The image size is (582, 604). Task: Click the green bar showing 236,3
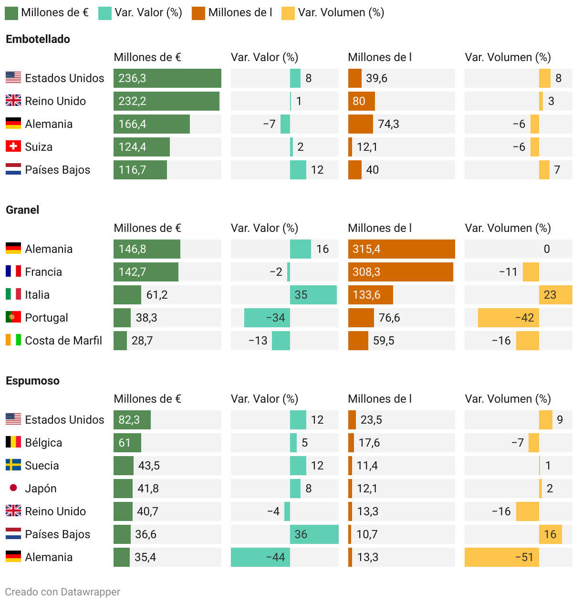(167, 78)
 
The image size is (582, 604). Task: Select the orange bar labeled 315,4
(401, 249)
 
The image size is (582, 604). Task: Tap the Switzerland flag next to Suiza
(13, 146)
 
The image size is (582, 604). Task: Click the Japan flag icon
(13, 488)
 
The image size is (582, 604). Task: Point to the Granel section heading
(22, 210)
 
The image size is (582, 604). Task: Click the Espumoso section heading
(32, 381)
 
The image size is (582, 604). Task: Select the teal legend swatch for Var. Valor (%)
(105, 13)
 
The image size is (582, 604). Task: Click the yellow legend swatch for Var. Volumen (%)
(288, 13)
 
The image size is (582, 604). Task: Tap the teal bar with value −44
(260, 557)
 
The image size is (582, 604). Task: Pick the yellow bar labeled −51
(501, 557)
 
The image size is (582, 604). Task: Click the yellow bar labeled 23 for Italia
(555, 295)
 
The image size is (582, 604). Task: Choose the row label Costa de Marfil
(63, 341)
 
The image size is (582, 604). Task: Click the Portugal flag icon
(13, 317)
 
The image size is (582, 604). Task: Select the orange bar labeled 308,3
(400, 272)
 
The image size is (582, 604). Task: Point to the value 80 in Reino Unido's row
(359, 101)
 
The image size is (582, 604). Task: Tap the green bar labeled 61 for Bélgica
(127, 443)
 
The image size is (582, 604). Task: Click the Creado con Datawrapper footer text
(62, 592)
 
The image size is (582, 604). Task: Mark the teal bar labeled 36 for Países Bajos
(314, 534)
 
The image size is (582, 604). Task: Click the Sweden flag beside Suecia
(13, 465)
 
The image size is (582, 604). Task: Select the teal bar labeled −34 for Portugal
(267, 318)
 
